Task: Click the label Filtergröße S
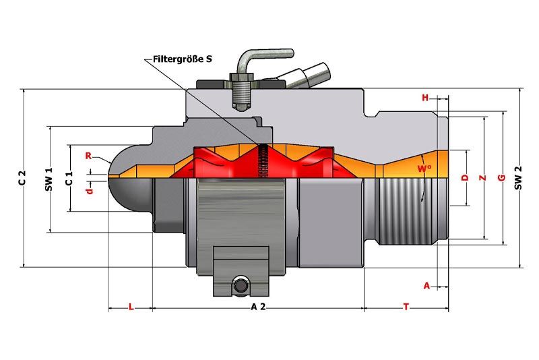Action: click(x=182, y=59)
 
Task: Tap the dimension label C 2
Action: click(x=22, y=177)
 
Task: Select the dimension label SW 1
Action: click(x=49, y=179)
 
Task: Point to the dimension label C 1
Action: click(x=69, y=178)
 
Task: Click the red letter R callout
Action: click(x=88, y=156)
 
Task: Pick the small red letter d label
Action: click(x=90, y=191)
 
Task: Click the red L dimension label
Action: click(x=131, y=307)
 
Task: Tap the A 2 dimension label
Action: click(x=258, y=307)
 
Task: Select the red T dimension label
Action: click(x=406, y=307)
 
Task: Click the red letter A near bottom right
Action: click(x=426, y=286)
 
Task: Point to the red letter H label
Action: click(x=425, y=98)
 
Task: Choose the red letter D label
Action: click(x=465, y=177)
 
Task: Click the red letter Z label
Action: click(x=483, y=178)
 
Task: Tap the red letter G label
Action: click(x=501, y=178)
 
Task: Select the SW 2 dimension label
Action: click(x=518, y=177)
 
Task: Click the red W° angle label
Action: click(x=424, y=169)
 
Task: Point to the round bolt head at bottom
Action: click(x=241, y=285)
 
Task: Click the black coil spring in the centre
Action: click(x=263, y=160)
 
